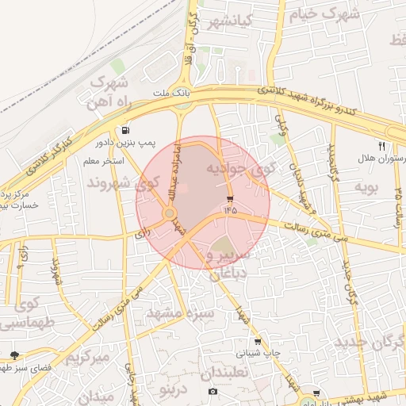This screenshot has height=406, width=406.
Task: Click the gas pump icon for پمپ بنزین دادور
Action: pos(125,130)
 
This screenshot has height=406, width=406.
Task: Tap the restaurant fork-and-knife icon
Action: pos(381,146)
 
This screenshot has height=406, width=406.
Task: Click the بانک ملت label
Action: pos(170,93)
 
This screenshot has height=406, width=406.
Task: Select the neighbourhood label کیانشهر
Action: pos(229,22)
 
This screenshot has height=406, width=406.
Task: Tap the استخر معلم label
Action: pos(109,161)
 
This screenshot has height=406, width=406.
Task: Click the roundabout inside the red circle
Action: pos(169,213)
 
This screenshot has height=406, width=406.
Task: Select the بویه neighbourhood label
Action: pos(363,188)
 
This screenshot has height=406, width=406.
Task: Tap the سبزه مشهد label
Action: pos(180,313)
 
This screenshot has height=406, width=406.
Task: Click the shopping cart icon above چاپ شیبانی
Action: pos(257,342)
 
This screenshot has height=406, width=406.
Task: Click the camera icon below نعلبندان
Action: pos(213,392)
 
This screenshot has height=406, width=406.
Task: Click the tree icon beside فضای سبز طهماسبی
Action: pos(13,355)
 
